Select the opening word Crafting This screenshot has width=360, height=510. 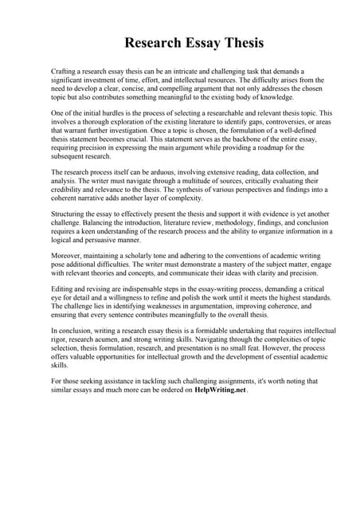point(65,72)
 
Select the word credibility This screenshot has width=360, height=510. point(68,190)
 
